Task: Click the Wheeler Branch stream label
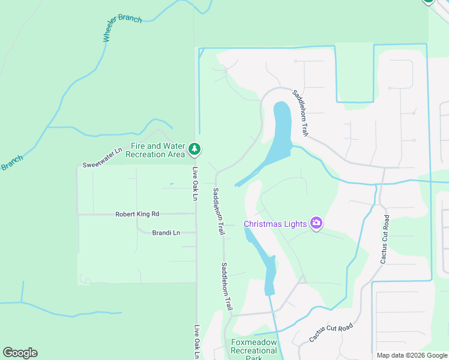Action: point(122,28)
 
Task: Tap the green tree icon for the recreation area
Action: point(194,149)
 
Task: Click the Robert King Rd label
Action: point(137,214)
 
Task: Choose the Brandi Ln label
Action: point(166,232)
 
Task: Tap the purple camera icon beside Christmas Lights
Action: point(316,224)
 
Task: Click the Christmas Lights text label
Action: point(276,224)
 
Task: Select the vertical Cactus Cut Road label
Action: point(385,239)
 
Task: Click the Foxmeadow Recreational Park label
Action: point(254,350)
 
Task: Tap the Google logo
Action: point(20,353)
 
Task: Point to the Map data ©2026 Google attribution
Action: point(412,355)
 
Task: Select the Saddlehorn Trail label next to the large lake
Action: point(301,112)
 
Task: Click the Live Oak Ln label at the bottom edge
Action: point(197,342)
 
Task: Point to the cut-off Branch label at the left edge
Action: point(11,163)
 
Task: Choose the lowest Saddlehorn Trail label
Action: point(226,286)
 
